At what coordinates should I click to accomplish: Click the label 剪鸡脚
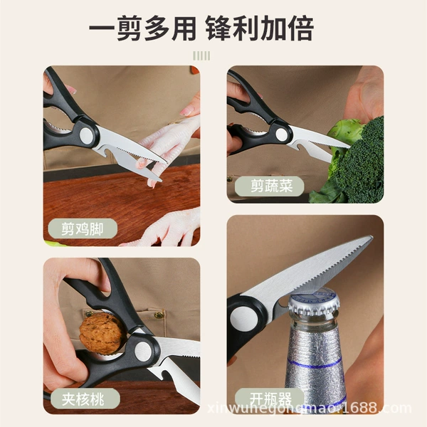pyautogui.click(x=83, y=228)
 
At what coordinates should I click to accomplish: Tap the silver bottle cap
pyautogui.click(x=314, y=302)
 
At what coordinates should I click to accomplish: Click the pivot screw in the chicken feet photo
pyautogui.click(x=87, y=135)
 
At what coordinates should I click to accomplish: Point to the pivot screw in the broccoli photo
pyautogui.click(x=281, y=135)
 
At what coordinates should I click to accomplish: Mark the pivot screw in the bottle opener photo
pyautogui.click(x=243, y=319)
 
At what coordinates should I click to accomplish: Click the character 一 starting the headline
pyautogui.click(x=102, y=28)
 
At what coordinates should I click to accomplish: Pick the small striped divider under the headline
pyautogui.click(x=201, y=56)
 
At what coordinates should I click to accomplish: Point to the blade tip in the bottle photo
pyautogui.click(x=371, y=237)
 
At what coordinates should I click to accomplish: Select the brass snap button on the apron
pyautogui.click(x=159, y=315)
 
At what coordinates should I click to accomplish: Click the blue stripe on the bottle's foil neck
pyautogui.click(x=315, y=364)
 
